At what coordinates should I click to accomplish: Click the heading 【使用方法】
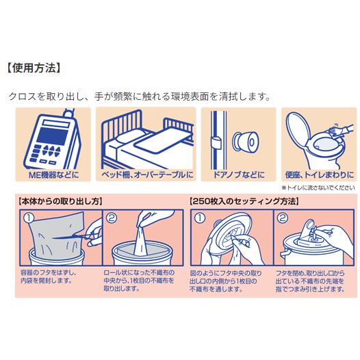(34, 68)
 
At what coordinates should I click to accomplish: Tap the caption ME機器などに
(53, 175)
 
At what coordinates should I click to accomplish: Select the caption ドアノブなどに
(239, 175)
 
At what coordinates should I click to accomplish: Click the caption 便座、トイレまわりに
(320, 175)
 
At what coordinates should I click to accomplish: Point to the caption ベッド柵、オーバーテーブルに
(147, 175)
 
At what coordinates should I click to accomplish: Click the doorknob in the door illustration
(246, 142)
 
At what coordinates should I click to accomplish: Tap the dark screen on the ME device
(52, 136)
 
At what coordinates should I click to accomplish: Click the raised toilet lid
(297, 128)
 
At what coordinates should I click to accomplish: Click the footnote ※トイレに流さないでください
(318, 188)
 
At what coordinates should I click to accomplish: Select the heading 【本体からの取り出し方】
(60, 201)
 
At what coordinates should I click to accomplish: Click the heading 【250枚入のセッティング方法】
(244, 201)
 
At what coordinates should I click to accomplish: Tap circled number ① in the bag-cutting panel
(29, 218)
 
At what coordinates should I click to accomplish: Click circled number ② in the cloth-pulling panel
(112, 218)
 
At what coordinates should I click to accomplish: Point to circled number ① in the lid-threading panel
(200, 218)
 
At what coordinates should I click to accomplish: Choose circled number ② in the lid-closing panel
(283, 218)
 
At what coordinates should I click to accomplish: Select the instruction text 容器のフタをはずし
(48, 273)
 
